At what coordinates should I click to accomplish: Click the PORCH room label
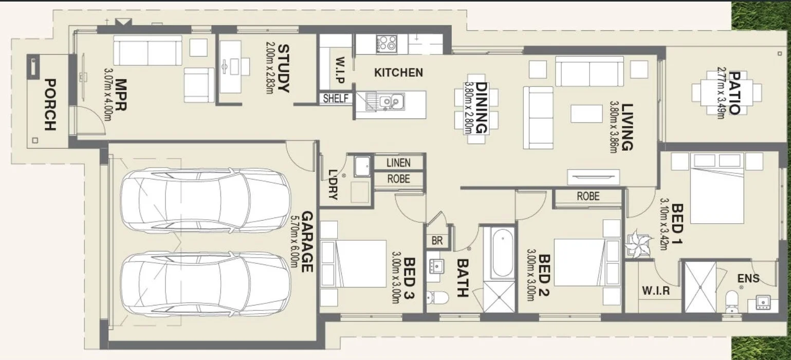pyautogui.click(x=49, y=104)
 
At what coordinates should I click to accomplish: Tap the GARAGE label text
pyautogui.click(x=307, y=241)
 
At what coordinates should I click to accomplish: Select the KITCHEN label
pyautogui.click(x=398, y=73)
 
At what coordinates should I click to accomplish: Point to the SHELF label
pyautogui.click(x=335, y=98)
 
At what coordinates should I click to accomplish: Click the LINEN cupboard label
pyautogui.click(x=398, y=163)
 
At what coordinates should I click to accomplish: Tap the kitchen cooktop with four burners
pyautogui.click(x=385, y=43)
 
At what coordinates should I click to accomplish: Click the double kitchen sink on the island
pyautogui.click(x=392, y=101)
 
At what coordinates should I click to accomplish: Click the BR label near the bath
pyautogui.click(x=437, y=241)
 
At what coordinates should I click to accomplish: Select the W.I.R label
pyautogui.click(x=655, y=291)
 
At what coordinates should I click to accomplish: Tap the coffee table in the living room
pyautogui.click(x=586, y=114)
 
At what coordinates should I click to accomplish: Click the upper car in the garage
pyautogui.click(x=205, y=200)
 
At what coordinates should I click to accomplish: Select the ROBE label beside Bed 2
pyautogui.click(x=587, y=196)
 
